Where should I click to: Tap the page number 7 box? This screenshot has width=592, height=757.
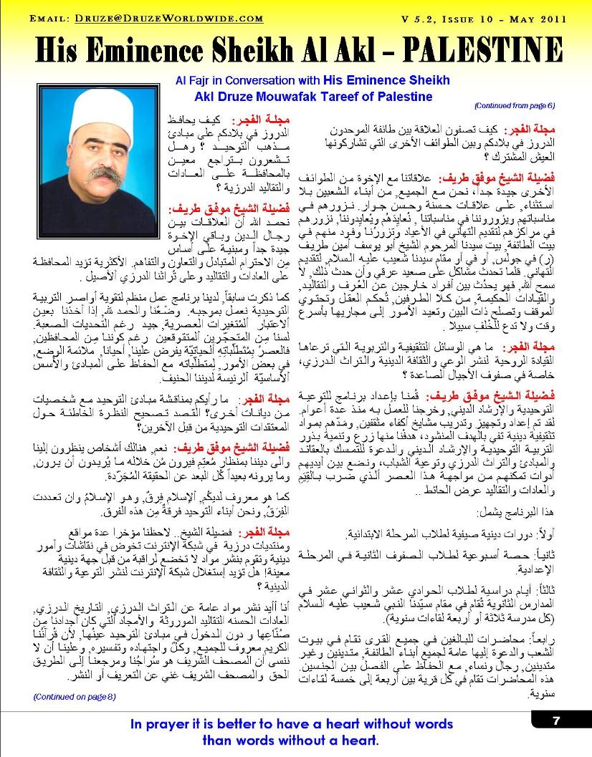(x=556, y=721)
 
